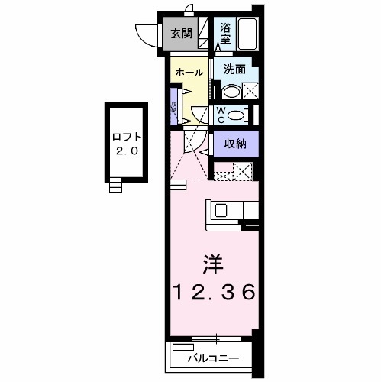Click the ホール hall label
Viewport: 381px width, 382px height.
tap(189, 73)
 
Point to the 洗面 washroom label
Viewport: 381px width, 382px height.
tap(234, 69)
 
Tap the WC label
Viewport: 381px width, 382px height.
tap(220, 115)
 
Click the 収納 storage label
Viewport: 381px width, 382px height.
tap(234, 143)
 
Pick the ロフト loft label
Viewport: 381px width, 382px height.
tap(126, 138)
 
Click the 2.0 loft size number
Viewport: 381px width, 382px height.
tap(126, 151)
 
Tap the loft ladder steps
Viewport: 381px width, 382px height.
tap(116, 186)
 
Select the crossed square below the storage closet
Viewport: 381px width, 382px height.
tap(243, 171)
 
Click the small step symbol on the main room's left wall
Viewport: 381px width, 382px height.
tap(178, 185)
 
